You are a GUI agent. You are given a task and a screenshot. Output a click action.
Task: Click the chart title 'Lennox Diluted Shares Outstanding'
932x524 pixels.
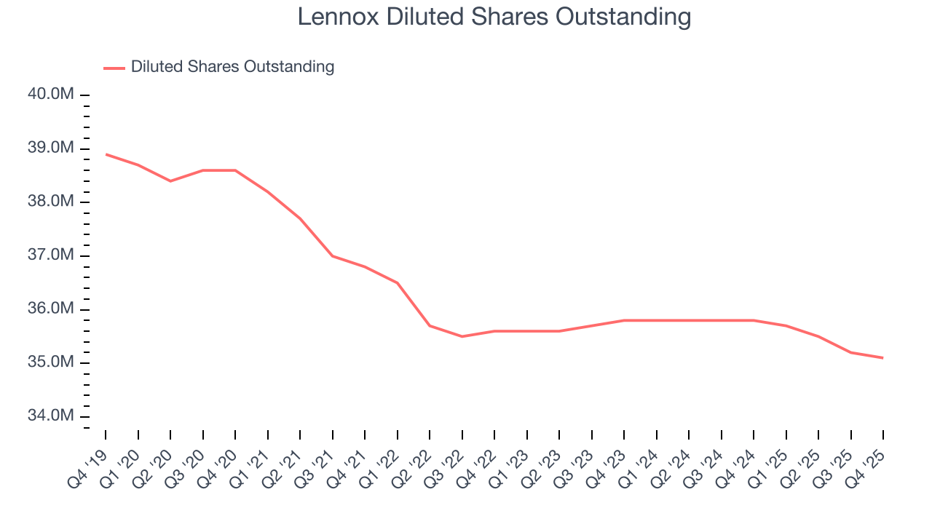pos(494,17)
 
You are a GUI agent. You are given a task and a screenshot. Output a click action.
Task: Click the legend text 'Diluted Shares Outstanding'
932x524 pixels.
pos(232,67)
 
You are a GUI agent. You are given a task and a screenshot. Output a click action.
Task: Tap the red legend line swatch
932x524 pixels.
pos(114,68)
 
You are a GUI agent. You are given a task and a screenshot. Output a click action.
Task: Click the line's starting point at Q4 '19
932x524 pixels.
pos(106,154)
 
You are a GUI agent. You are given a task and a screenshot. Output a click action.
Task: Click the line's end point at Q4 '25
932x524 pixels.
pos(883,357)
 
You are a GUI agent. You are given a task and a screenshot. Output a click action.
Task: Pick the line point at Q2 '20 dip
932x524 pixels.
pos(170,180)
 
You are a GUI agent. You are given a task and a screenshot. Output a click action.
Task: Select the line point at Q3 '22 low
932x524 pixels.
pos(462,336)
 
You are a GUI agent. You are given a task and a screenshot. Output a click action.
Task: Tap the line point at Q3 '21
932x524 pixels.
pos(333,256)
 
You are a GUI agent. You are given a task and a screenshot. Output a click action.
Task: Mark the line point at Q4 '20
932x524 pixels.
pos(235,170)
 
